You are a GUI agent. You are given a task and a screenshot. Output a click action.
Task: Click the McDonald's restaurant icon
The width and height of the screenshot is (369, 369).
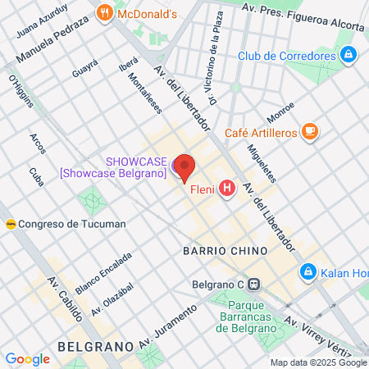(x=103, y=12)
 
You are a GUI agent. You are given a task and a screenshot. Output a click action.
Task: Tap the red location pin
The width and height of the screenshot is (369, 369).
(x=185, y=167)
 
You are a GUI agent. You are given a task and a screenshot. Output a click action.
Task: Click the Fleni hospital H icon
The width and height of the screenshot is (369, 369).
(x=227, y=190)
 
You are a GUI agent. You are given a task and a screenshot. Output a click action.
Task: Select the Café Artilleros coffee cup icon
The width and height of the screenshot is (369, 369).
(x=309, y=131)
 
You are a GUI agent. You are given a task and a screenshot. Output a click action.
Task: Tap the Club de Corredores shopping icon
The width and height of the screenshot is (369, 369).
(x=349, y=56)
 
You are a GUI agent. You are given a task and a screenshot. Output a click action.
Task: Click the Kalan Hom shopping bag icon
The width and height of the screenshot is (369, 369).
(x=308, y=271)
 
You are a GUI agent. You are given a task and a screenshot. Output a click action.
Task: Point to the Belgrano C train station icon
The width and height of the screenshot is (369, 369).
(x=254, y=285)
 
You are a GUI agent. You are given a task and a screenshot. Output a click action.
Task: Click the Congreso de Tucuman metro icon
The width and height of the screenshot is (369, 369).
(x=11, y=224)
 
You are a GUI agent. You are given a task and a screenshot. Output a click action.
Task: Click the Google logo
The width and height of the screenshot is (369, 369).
(x=27, y=359)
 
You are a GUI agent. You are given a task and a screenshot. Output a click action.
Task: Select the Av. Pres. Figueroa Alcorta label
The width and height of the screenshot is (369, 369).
(x=303, y=16)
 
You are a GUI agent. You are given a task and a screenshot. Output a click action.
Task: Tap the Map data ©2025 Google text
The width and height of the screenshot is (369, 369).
(x=319, y=362)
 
